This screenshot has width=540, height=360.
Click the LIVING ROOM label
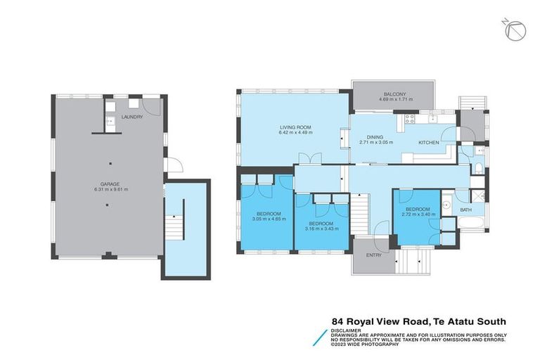(295, 127)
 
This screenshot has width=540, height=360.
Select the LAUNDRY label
(131, 117)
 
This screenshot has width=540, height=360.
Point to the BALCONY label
(394, 94)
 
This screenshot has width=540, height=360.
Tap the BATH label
(465, 209)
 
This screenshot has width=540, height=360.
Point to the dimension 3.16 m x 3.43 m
(321, 229)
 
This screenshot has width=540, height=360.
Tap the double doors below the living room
(304, 157)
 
